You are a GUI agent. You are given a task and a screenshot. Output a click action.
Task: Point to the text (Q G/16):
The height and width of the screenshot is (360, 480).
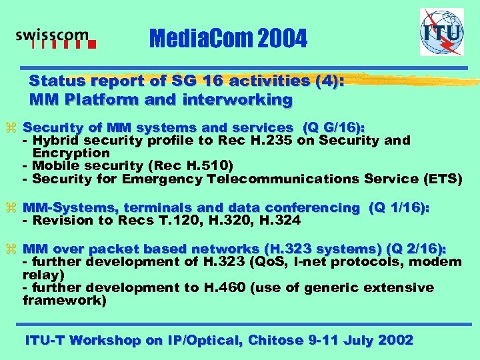coord(338,127)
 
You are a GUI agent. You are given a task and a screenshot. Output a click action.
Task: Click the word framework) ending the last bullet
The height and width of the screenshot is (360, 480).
coord(64,300)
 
